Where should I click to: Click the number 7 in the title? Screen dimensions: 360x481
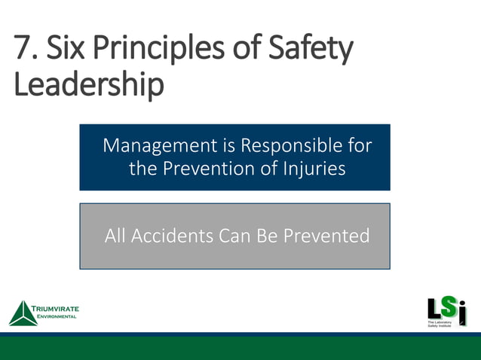click(23, 50)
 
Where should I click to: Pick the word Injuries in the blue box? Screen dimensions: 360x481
click(313, 168)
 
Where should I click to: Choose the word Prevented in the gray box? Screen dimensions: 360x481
click(326, 236)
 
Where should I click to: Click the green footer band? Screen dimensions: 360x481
click(240, 348)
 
